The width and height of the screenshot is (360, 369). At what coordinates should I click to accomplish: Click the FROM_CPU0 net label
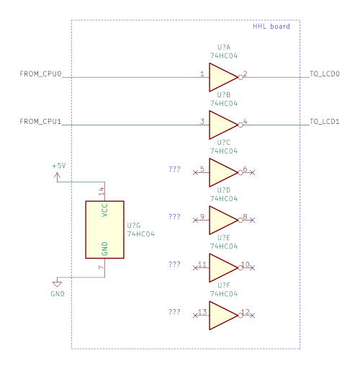coord(40,74)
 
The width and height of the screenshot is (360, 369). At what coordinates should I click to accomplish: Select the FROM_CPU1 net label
coord(40,121)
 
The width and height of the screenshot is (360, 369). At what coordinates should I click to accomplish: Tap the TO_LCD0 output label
coord(325,74)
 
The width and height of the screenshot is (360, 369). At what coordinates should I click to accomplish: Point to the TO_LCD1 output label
coord(325,121)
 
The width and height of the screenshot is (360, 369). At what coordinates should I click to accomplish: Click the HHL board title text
coord(271,26)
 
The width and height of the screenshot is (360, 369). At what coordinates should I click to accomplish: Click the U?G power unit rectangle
coord(105,230)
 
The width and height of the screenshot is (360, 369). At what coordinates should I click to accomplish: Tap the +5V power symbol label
coord(59,166)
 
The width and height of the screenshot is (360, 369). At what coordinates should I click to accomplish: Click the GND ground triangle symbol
coord(57,284)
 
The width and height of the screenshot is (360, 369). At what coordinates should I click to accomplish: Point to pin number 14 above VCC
coord(102,191)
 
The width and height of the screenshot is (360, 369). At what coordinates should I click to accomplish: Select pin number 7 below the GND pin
coord(102,267)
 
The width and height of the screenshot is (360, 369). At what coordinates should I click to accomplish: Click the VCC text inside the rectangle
coord(104,210)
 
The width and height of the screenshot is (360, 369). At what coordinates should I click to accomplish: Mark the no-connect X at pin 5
coord(195,172)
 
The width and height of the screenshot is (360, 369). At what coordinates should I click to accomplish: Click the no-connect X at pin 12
coord(252,316)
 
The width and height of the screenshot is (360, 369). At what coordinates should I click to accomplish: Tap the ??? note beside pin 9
coord(174,217)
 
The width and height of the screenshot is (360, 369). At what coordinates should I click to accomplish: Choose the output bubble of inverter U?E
coord(240,268)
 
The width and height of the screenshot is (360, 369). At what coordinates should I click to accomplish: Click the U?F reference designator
coord(224,285)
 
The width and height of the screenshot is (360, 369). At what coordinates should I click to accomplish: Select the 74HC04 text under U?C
coord(224,151)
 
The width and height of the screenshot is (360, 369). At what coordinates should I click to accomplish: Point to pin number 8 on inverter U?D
coord(245,216)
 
